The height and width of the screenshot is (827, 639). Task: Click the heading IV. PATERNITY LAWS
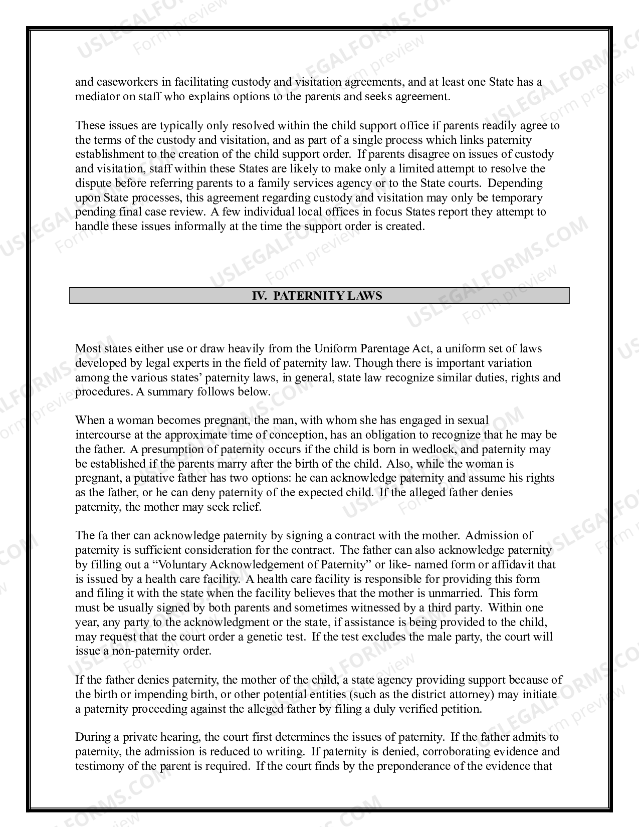(317, 296)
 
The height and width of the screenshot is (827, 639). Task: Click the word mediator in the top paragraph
(97, 96)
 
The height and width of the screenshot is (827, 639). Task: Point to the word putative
(151, 478)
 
